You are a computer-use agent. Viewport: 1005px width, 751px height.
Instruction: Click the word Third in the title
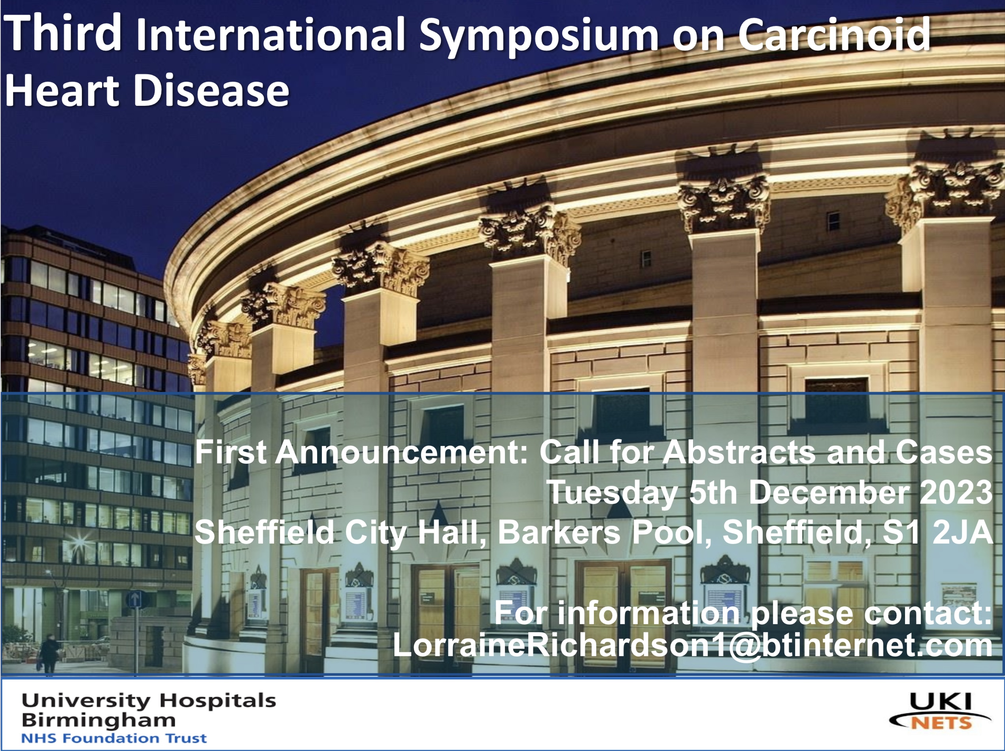point(64,33)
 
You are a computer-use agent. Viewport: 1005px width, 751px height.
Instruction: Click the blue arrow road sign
point(135,600)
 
